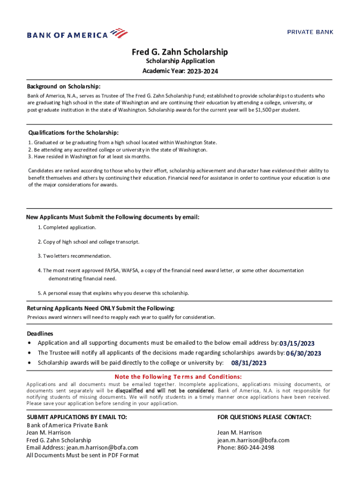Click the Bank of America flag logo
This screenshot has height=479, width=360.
point(118,33)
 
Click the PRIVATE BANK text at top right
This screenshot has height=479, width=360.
point(310,32)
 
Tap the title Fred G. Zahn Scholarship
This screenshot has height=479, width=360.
point(180,51)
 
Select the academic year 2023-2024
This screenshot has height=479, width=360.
point(202,72)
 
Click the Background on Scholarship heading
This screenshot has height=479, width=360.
point(63,87)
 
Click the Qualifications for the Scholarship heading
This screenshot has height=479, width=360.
point(73,132)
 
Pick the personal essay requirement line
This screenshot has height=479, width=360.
point(113,293)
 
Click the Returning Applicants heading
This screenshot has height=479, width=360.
point(101,308)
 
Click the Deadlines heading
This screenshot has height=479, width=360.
point(40,334)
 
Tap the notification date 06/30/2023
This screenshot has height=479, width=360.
point(303,353)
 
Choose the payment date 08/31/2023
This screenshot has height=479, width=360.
point(249,363)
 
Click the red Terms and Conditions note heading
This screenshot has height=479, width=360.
point(178,377)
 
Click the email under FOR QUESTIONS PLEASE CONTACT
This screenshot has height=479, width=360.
point(253,440)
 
